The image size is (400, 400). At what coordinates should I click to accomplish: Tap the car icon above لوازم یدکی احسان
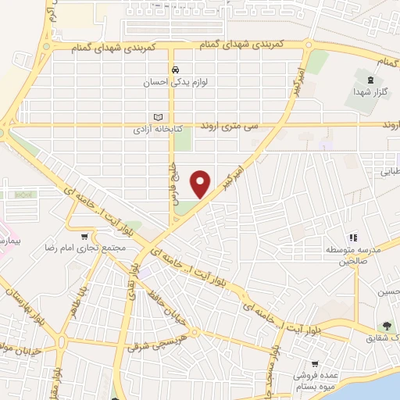pos(177,68)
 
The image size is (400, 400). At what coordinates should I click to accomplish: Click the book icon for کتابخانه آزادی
pos(157,116)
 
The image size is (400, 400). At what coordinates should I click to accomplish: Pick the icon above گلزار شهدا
pos(370,79)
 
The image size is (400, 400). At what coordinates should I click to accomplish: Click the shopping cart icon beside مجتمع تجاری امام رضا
pos(84,235)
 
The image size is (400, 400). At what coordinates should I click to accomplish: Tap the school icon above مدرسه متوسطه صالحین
pos(353,237)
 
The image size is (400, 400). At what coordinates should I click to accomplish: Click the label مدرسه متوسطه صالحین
pos(353,255)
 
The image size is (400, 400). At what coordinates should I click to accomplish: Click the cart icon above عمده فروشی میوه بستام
pos(315,363)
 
